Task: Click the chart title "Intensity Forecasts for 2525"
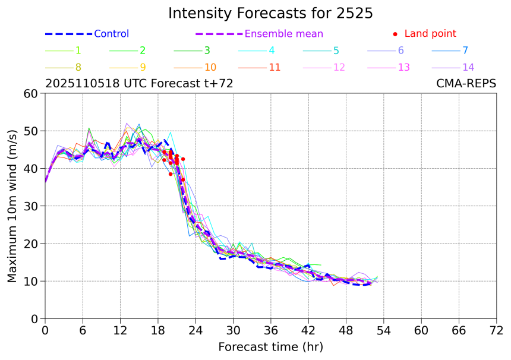click(270, 13)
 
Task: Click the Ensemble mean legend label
click(284, 34)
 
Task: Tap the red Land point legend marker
click(395, 34)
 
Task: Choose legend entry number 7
click(465, 50)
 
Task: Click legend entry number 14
click(468, 67)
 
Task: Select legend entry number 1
click(78, 50)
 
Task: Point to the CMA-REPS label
click(465, 84)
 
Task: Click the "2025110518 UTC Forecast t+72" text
click(139, 84)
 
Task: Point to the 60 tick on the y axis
click(31, 93)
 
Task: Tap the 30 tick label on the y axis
click(31, 206)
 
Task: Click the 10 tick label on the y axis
click(31, 282)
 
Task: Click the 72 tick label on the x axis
click(497, 330)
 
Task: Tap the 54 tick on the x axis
click(384, 330)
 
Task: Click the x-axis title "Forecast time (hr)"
click(270, 346)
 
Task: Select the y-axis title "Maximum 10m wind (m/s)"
click(12, 206)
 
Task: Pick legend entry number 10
click(210, 67)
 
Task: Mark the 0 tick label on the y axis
click(34, 319)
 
